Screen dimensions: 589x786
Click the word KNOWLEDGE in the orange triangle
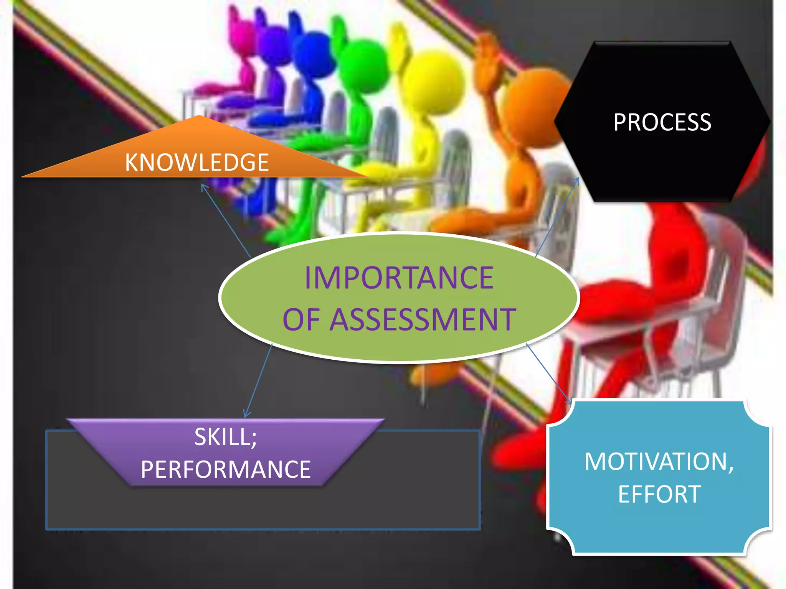tap(196, 163)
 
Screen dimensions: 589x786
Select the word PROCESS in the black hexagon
tap(662, 123)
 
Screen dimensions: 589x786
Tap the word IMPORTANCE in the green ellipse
tap(399, 278)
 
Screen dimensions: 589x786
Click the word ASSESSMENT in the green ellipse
tap(423, 320)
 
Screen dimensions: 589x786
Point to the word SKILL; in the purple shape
tap(225, 437)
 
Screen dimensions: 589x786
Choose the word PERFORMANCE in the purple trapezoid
tap(226, 470)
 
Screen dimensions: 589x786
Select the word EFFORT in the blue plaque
tap(659, 494)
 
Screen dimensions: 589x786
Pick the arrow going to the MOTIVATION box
tap(549, 374)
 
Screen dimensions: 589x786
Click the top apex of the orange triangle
tap(199, 117)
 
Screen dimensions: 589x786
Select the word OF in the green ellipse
tap(301, 320)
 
